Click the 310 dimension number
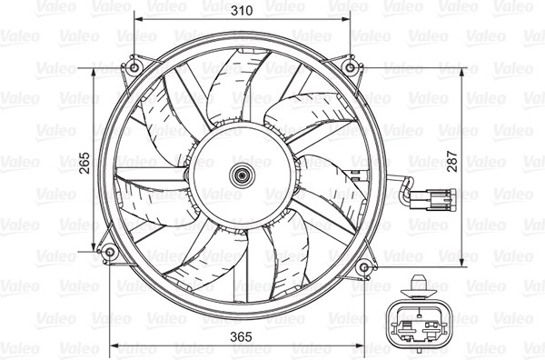tap(242, 10)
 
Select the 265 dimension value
tap(84, 163)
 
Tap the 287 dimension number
tap(452, 161)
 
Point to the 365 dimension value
tap(241, 336)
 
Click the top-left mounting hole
tap(134, 67)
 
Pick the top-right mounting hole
tap(350, 67)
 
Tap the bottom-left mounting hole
tap(110, 252)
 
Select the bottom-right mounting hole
tap(364, 267)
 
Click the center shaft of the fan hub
tap(243, 175)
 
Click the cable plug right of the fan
tap(432, 199)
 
